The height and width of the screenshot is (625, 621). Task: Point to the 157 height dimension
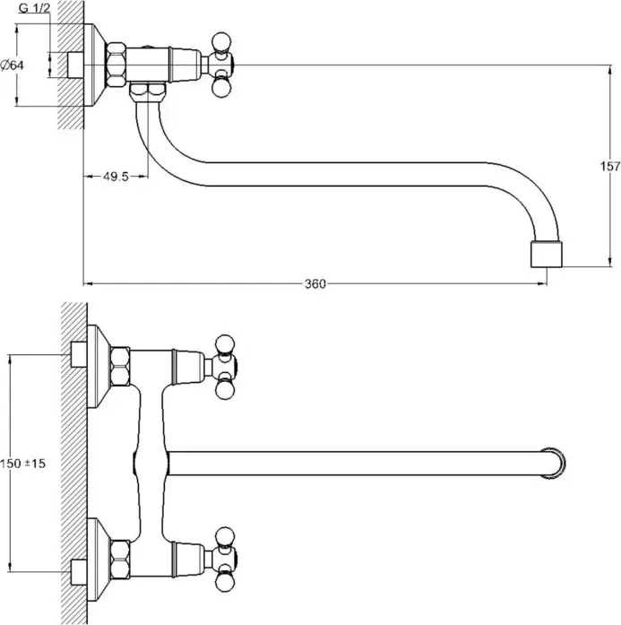(608, 166)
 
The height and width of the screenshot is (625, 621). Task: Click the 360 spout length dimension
(314, 284)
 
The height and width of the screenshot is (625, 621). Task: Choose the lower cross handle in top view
(223, 558)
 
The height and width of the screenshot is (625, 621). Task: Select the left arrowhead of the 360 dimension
(88, 284)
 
